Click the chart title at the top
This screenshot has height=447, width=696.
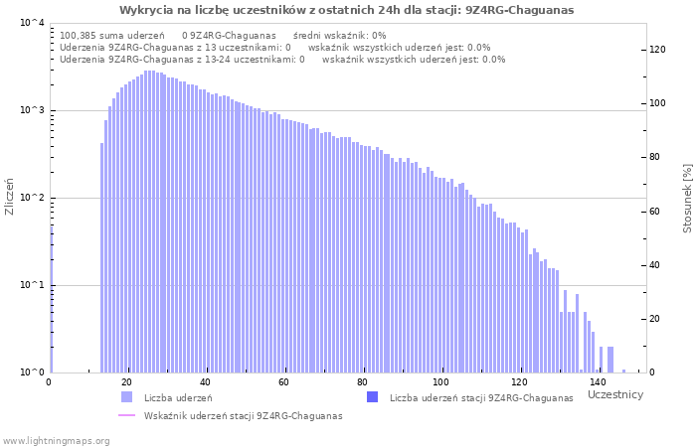click(346, 10)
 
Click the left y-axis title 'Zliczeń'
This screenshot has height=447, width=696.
click(10, 198)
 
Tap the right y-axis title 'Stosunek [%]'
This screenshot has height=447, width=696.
click(687, 198)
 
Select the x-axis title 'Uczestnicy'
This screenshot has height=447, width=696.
click(615, 395)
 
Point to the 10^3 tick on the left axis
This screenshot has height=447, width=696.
click(32, 110)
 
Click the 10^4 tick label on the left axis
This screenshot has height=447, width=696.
click(32, 23)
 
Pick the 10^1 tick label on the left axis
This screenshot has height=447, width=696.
click(32, 285)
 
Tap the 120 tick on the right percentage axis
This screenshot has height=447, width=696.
click(657, 50)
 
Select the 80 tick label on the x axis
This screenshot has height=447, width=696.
click(362, 382)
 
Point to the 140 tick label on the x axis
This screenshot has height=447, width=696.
click(597, 382)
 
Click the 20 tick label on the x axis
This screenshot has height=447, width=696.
click(127, 382)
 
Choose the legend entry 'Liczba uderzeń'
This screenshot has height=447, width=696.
click(178, 398)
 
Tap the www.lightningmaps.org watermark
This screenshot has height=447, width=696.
click(56, 440)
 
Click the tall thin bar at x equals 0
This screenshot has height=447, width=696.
click(51, 298)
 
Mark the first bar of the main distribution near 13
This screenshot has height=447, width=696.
click(102, 258)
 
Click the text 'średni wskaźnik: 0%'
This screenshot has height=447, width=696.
click(339, 35)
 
